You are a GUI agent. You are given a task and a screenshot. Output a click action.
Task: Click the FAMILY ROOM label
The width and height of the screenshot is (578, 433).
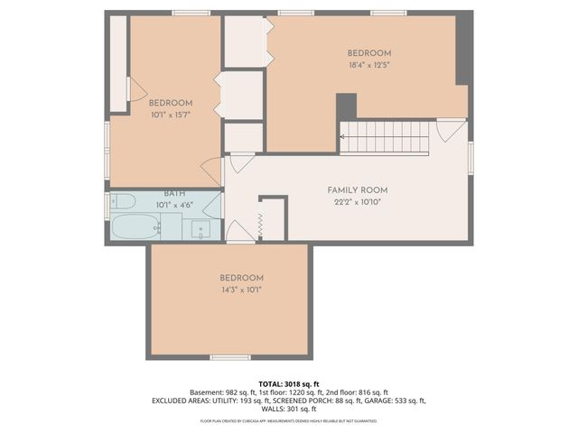(x=357, y=190)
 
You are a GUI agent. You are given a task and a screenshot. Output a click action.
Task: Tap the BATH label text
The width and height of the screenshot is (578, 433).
(x=174, y=194)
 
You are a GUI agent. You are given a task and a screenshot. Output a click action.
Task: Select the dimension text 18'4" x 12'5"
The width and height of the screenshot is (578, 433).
(x=368, y=65)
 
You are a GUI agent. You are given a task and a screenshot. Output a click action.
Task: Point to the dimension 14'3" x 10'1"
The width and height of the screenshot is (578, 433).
(x=241, y=290)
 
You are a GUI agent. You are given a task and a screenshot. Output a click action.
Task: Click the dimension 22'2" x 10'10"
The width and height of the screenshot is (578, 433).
(x=357, y=202)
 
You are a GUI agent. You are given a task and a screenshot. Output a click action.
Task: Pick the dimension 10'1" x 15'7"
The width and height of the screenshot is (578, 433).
(x=170, y=115)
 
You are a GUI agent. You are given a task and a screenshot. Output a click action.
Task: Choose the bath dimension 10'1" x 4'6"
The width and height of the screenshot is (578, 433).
(x=174, y=205)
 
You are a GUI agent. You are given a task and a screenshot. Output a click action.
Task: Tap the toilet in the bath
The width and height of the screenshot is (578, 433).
(x=122, y=200)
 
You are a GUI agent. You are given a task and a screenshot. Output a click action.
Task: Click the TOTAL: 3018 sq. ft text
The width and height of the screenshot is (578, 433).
(x=288, y=383)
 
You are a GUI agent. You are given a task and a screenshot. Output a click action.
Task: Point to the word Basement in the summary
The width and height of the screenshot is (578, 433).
(x=206, y=392)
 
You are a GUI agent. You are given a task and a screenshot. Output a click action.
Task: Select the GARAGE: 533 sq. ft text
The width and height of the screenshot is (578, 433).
(x=390, y=401)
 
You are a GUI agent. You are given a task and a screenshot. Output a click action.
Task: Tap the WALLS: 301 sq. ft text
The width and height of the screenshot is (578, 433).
(x=288, y=409)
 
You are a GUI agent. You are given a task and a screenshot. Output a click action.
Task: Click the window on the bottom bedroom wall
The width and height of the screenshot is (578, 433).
(x=230, y=358)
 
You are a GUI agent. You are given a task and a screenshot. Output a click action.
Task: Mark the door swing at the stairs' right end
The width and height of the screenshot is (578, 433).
(x=450, y=131)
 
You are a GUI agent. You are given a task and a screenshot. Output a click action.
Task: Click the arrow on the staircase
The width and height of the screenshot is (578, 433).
(x=344, y=137)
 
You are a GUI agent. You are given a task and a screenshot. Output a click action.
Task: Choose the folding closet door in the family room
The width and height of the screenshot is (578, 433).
(x=260, y=226)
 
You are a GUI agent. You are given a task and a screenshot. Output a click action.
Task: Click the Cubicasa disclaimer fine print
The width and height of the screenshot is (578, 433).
(x=288, y=420)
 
